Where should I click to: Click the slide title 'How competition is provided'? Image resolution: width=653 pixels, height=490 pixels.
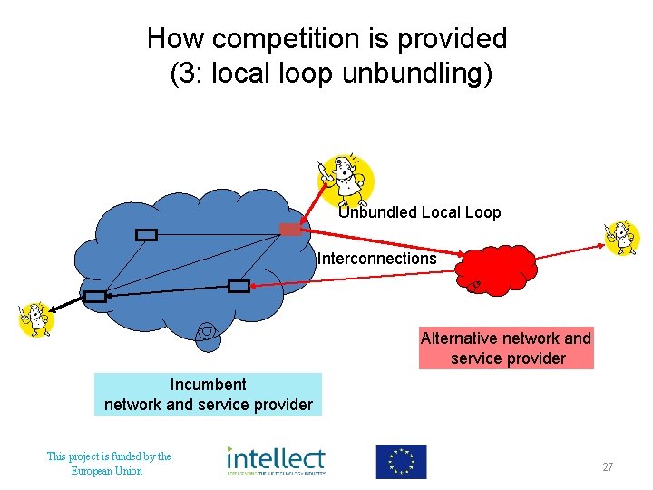[x=326, y=39]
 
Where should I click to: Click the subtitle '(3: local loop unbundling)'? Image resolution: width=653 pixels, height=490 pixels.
[x=331, y=73]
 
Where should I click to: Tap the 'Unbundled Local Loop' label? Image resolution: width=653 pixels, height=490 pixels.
[x=419, y=212]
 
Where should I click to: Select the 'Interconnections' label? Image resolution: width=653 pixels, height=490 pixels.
[x=376, y=259]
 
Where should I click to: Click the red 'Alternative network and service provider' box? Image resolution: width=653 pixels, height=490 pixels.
[x=505, y=348]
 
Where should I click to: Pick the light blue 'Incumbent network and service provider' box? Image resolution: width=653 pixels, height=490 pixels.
[x=208, y=395]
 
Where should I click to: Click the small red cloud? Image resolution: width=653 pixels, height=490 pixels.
[x=497, y=269]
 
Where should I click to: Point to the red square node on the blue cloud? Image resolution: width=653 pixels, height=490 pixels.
[x=290, y=229]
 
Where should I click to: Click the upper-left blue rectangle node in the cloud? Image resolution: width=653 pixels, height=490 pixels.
[x=146, y=235]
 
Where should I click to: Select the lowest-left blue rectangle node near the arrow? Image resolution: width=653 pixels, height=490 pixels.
[x=95, y=296]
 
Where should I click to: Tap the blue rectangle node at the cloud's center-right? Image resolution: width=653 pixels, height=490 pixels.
[x=239, y=287]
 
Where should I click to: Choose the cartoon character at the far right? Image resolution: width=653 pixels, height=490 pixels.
[x=622, y=238]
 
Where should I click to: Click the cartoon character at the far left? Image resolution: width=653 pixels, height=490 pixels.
[x=35, y=319]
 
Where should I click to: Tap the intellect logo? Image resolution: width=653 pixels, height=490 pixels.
[x=276, y=461]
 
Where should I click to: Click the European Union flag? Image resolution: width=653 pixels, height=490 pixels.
[x=401, y=461]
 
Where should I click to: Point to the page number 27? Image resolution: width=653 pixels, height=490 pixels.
[x=608, y=467]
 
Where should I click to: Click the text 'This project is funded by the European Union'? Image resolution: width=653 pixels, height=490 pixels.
[x=108, y=464]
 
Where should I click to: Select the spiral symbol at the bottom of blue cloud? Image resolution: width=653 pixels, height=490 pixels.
[x=208, y=333]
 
